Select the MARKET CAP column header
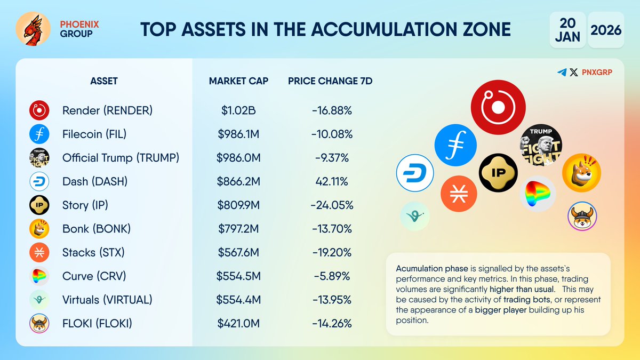(238, 81)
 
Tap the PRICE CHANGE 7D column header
(330, 81)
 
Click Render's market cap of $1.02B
(238, 110)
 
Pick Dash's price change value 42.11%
(332, 181)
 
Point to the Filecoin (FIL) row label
(94, 134)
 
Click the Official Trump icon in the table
(39, 158)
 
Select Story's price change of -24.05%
(332, 205)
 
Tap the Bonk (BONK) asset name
(97, 229)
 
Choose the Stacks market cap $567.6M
(238, 252)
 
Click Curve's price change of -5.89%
(332, 276)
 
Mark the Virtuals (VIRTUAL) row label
(107, 300)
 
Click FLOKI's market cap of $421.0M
(238, 323)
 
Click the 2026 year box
(606, 29)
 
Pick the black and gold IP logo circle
(498, 172)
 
